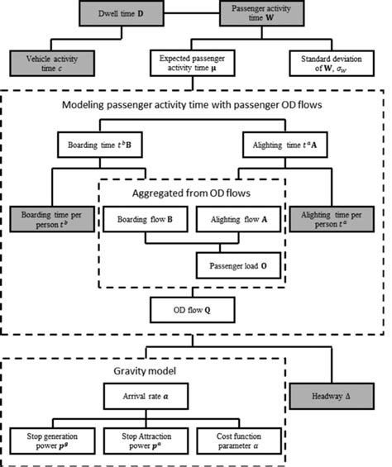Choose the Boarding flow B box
pyautogui.click(x=145, y=221)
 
